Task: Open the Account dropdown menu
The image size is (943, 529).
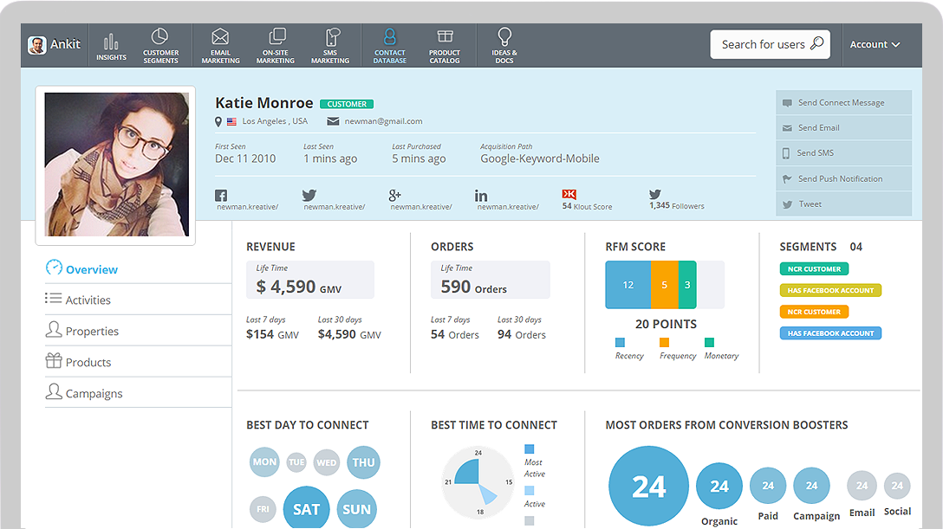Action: pos(874,44)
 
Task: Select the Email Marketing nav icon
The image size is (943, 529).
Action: pos(220,38)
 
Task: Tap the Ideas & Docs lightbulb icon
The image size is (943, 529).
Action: pos(504,38)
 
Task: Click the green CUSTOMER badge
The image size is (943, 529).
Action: pos(346,104)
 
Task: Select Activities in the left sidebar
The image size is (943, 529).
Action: pos(88,300)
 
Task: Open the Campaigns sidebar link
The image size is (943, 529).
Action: pos(94,393)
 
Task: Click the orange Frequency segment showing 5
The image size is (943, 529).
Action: pos(665,285)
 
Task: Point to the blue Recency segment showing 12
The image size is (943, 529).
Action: pos(628,285)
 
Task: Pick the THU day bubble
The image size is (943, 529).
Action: pos(363,462)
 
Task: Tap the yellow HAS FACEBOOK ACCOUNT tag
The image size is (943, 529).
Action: pos(830,290)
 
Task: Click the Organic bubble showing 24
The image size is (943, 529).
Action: pos(719,487)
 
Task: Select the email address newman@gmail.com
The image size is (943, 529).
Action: pos(383,121)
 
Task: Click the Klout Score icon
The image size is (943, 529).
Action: pos(569,195)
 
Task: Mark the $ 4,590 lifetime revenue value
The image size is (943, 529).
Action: pos(286,286)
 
